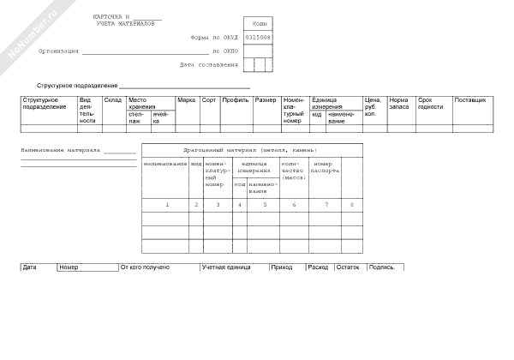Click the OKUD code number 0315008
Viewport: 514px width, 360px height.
[x=258, y=38]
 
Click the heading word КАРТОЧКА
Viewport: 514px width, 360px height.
[x=109, y=17]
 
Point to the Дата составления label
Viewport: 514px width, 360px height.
[x=209, y=64]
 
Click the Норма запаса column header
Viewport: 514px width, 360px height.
[x=398, y=104]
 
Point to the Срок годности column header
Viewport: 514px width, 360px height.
[x=430, y=104]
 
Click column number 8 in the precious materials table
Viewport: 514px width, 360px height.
[x=351, y=204]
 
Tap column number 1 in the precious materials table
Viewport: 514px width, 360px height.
[x=167, y=204]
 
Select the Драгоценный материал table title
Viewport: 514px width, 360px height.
[x=244, y=150]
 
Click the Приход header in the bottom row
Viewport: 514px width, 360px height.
[x=281, y=267]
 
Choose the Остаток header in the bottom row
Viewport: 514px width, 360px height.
[x=347, y=267]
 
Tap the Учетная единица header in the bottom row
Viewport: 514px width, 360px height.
[x=225, y=267]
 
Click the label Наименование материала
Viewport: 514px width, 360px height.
[x=61, y=150]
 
